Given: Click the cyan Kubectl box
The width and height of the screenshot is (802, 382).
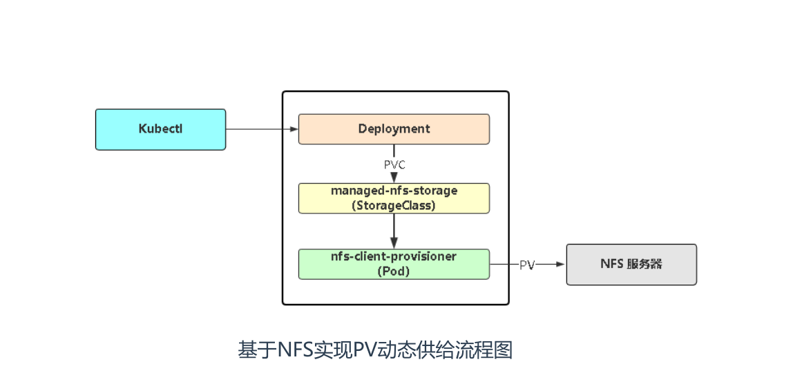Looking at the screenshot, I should (160, 129).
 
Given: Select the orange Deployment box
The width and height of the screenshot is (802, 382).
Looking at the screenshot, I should (394, 129).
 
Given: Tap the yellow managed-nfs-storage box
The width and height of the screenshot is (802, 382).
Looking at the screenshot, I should (394, 198).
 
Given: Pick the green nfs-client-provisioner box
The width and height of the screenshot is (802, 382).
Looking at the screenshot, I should (394, 264).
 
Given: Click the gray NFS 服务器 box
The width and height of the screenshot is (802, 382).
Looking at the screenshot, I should (631, 264).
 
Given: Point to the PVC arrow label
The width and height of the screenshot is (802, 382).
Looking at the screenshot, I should (394, 164).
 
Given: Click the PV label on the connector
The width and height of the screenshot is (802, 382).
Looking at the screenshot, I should (527, 265).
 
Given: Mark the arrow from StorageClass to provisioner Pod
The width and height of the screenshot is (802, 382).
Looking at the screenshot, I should (394, 231).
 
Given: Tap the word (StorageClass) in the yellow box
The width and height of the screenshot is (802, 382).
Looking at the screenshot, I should (394, 205).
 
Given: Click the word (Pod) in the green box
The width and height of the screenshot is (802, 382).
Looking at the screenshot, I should (394, 271).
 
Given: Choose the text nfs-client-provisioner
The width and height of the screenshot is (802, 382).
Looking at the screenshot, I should (394, 256).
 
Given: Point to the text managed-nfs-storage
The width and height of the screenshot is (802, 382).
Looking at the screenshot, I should (394, 191).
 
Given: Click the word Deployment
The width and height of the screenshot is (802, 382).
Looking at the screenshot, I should (394, 129).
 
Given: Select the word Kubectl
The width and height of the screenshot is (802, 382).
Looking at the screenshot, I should (160, 129).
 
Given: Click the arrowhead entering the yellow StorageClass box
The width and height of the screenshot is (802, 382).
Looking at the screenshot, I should (394, 178).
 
